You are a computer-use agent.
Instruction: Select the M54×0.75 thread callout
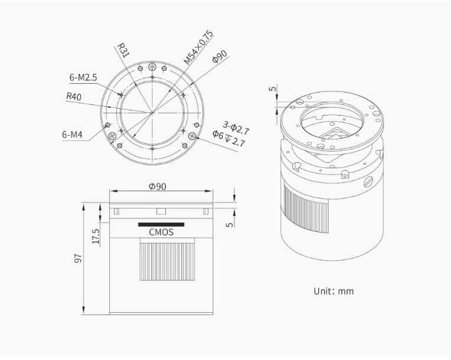(x=199, y=47)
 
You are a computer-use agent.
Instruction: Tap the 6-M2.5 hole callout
(x=83, y=77)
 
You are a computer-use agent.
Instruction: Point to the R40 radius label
(x=74, y=96)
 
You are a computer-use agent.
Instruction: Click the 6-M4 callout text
(x=72, y=135)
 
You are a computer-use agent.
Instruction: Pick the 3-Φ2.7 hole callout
(x=236, y=128)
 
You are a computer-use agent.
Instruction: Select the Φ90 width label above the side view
(x=158, y=186)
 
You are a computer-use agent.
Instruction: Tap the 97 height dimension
(x=79, y=258)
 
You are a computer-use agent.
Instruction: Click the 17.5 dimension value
(x=96, y=236)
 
